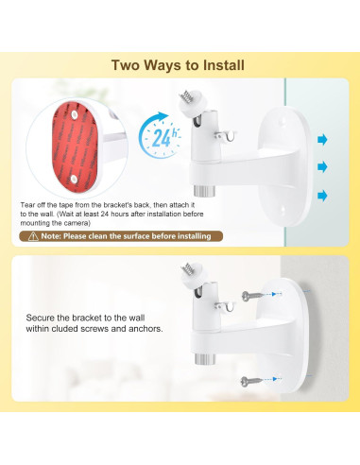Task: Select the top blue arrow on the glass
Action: point(324,140)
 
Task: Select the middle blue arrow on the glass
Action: point(324,167)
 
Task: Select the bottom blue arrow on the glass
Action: point(324,195)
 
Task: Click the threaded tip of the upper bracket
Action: point(189,95)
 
